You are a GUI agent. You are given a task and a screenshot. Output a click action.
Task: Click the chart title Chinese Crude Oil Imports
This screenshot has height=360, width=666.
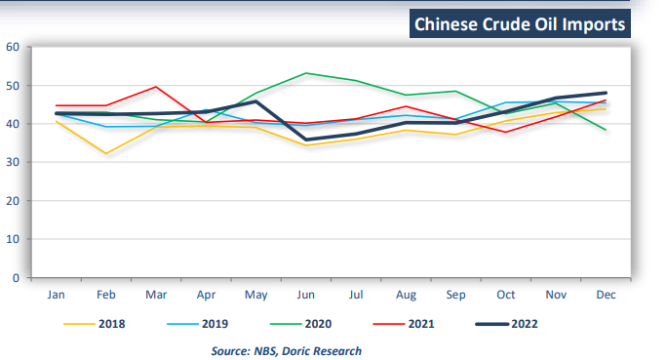click(x=519, y=24)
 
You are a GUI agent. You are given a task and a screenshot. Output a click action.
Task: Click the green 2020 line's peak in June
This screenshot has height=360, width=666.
click(x=307, y=73)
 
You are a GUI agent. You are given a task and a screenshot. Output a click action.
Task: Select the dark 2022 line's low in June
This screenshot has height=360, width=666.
click(x=307, y=140)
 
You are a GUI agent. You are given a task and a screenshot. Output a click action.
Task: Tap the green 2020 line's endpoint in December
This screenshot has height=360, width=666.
click(x=606, y=130)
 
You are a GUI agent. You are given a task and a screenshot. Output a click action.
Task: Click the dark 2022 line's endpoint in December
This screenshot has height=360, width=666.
click(x=606, y=93)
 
